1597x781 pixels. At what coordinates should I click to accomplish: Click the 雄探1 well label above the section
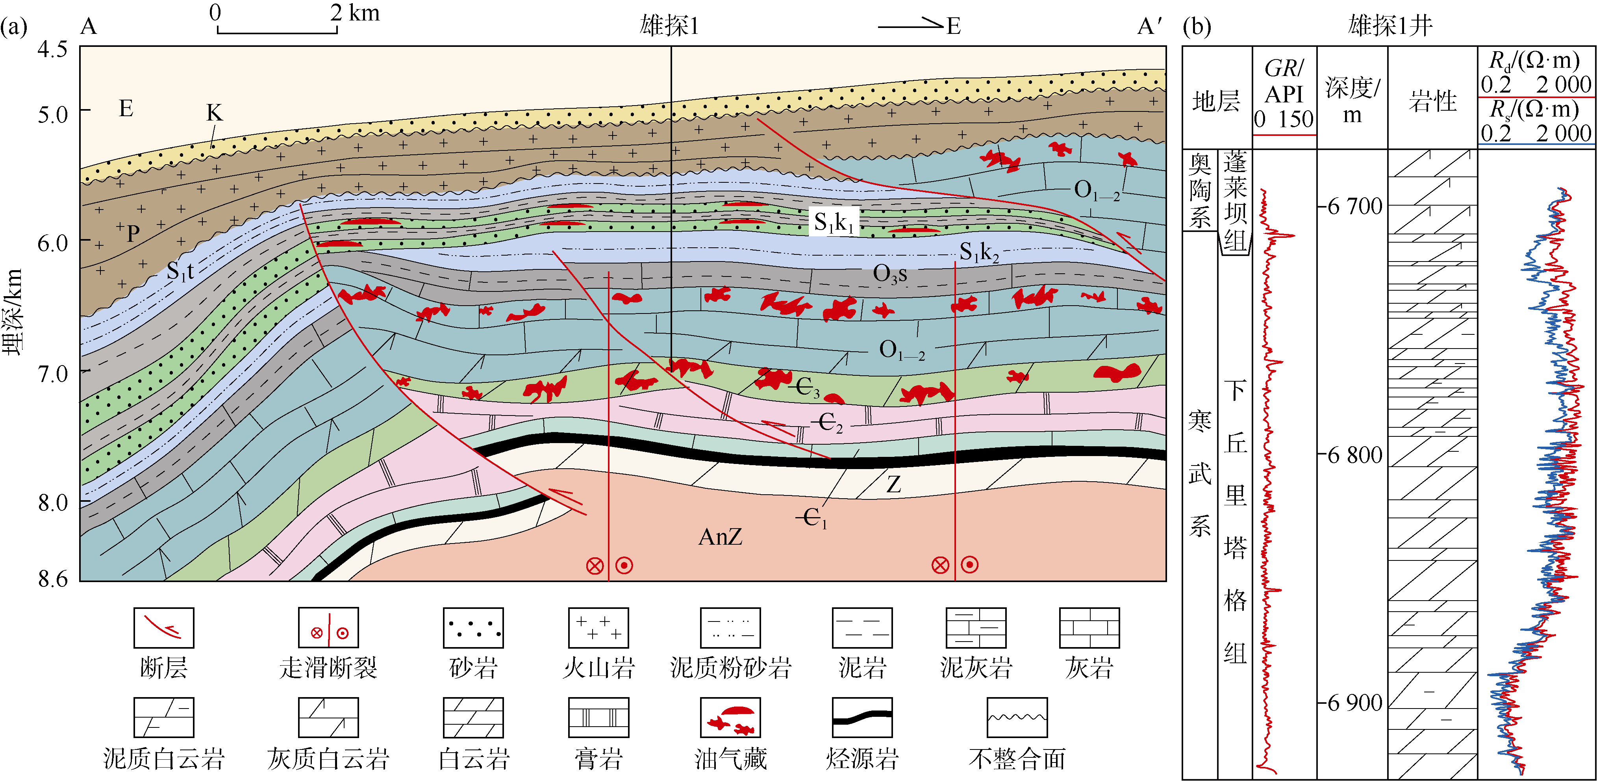[669, 26]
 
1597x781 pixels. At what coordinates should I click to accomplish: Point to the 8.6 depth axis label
[53, 579]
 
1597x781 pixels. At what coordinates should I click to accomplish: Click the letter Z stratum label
[893, 484]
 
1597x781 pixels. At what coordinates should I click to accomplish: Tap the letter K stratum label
[214, 113]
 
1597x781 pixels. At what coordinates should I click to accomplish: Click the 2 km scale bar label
[355, 13]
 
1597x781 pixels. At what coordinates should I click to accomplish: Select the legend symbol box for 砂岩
[473, 628]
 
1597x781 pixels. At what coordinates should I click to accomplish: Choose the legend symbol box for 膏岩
[598, 718]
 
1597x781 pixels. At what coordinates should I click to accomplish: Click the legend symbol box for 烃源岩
[862, 718]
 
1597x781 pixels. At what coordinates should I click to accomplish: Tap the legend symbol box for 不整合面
[1017, 718]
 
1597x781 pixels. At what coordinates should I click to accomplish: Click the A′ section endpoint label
[1149, 26]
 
